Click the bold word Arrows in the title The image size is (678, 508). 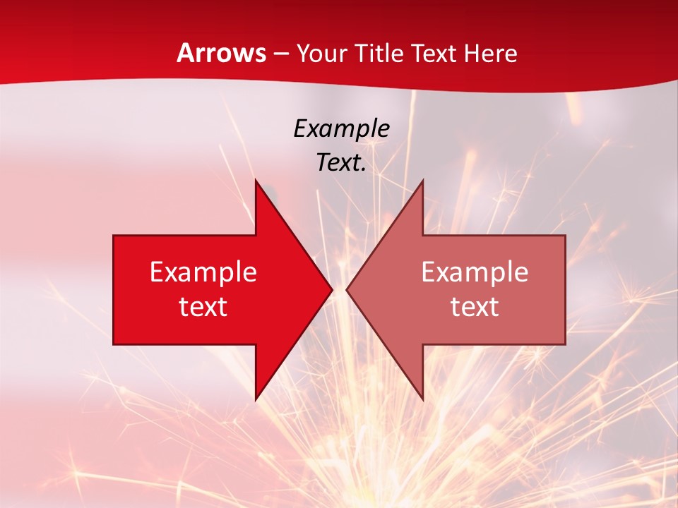click(x=222, y=54)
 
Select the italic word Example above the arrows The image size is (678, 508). click(x=341, y=129)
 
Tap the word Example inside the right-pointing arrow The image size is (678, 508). click(x=203, y=272)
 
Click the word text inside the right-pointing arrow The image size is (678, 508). click(x=203, y=307)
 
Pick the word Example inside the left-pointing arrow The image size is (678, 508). click(x=475, y=272)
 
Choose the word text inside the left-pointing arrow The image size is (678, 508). click(x=475, y=307)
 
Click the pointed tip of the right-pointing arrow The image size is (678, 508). click(x=332, y=289)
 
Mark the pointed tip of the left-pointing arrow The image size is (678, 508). click(x=347, y=289)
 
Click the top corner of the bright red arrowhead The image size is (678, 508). click(x=256, y=181)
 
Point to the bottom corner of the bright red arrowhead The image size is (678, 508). click(x=256, y=399)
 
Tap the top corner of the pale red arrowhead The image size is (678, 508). click(x=422, y=181)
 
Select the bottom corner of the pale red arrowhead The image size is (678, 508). click(x=422, y=399)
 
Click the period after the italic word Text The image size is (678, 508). click(x=364, y=170)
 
